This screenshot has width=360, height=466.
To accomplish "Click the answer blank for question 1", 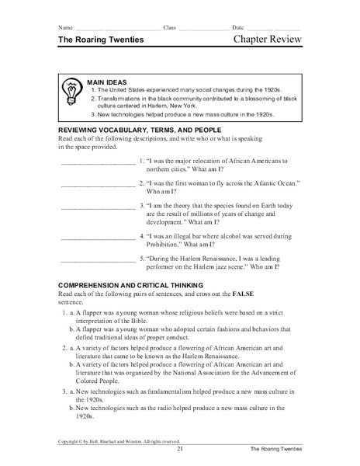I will click(96, 163).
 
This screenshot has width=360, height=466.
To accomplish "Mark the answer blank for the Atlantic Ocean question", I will click(96, 185).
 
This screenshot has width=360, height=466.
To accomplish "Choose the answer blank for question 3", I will click(96, 207).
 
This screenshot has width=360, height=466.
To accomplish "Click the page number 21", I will click(179, 449).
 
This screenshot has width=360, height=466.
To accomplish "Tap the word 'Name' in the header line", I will click(64, 28).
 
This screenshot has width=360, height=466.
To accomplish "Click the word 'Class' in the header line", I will click(170, 28).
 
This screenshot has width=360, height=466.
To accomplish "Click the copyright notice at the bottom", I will click(115, 441).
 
